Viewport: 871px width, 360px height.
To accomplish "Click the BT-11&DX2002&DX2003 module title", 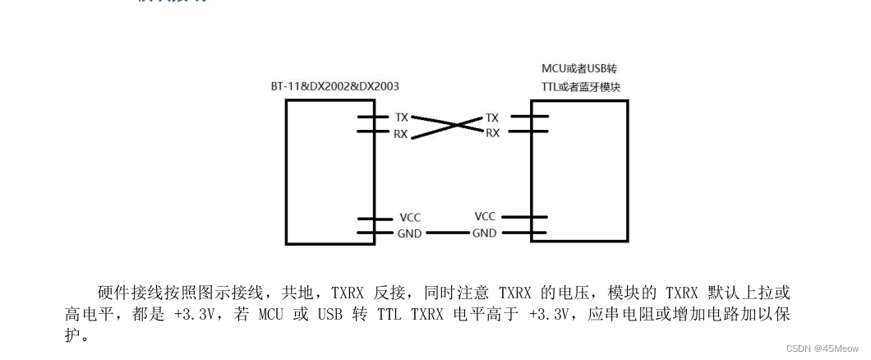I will (335, 85).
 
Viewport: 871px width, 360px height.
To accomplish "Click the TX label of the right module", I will (491, 118).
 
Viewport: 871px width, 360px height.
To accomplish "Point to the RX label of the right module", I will (491, 132).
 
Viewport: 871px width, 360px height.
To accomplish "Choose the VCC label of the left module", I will (410, 218).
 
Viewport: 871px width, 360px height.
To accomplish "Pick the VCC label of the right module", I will (485, 216).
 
